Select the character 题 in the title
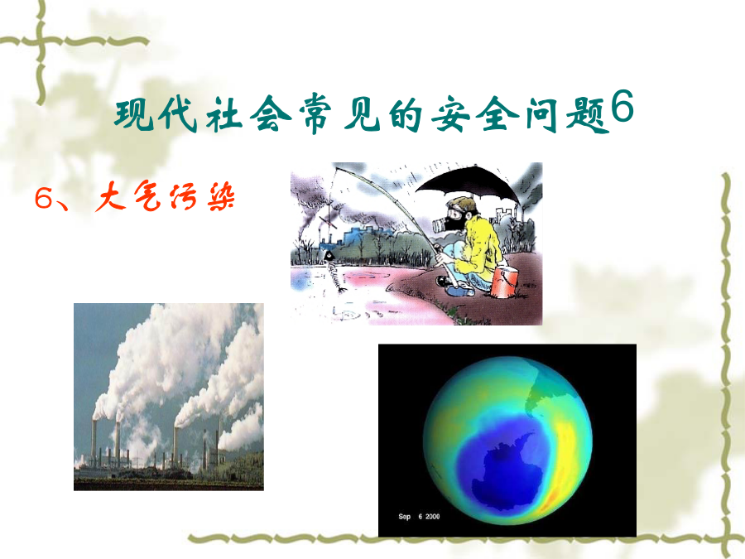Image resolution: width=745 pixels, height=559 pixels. pos(589,115)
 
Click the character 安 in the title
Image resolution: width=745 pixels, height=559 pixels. pos(451,115)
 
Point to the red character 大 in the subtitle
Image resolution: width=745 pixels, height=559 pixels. pos(111,196)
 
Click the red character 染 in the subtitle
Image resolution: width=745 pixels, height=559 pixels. pos(221,197)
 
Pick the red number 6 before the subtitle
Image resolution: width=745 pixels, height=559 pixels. pos(43,198)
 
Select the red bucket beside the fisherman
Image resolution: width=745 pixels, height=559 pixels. pos(504,282)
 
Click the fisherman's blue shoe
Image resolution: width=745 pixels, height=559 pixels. pos(460,291)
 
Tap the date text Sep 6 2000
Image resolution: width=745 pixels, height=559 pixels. pos(419,516)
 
